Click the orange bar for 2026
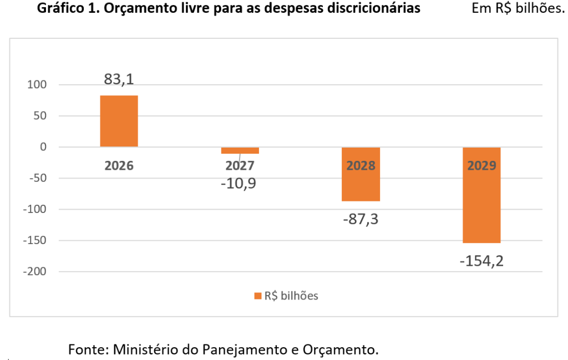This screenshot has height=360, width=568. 119,121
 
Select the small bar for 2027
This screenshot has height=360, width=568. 240,150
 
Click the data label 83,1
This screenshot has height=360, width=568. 119,79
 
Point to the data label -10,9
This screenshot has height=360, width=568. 240,183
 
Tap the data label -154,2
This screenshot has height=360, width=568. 481,261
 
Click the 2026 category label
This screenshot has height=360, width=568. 119,165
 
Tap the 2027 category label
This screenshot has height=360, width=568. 240,165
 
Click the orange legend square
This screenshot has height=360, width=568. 257,296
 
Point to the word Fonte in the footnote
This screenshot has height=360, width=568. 88,349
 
